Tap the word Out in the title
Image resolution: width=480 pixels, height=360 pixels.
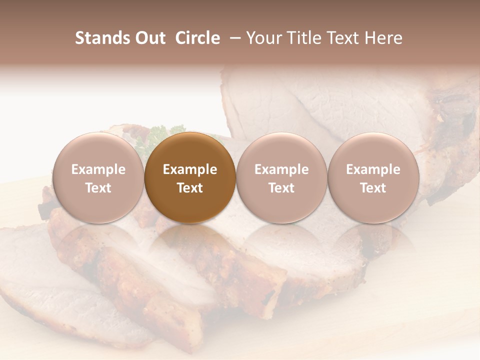(x=150, y=38)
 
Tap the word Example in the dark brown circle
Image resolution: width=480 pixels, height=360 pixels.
(x=190, y=169)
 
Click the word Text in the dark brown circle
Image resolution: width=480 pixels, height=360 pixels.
(x=190, y=188)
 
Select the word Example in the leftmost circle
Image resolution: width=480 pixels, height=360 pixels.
(x=98, y=169)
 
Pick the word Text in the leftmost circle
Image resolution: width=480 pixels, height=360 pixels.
(x=98, y=188)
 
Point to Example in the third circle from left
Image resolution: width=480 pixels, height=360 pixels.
(x=281, y=169)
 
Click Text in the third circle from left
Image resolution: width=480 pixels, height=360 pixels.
(x=281, y=188)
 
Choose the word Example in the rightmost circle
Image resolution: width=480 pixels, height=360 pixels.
(x=373, y=169)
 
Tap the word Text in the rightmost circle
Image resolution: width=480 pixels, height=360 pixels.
(x=373, y=188)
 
